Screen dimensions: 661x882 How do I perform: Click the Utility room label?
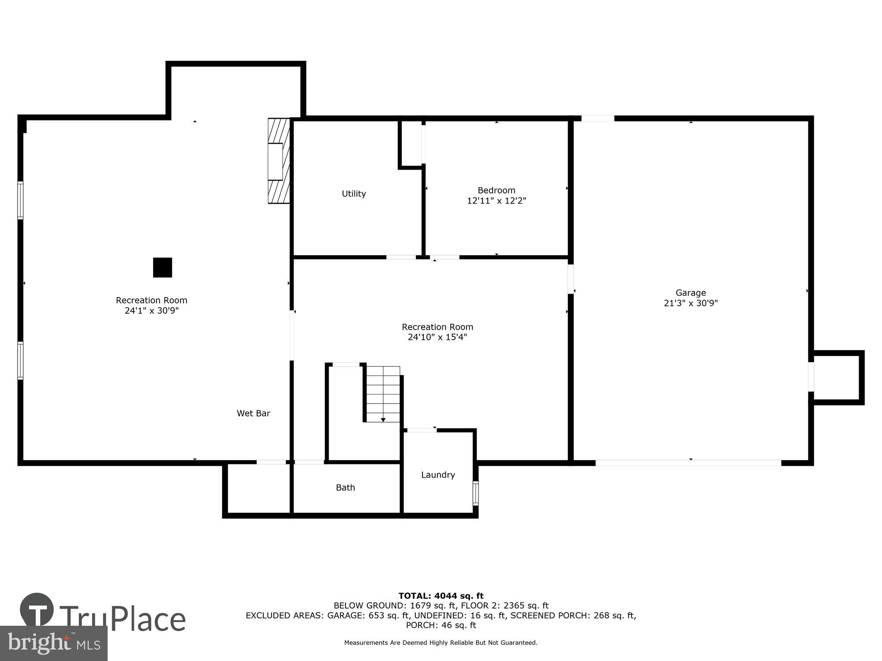pyautogui.click(x=354, y=194)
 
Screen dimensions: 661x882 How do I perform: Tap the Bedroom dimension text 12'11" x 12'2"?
pyautogui.click(x=497, y=201)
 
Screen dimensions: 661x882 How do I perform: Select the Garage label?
pyautogui.click(x=691, y=293)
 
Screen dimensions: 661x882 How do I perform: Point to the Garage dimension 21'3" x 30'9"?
pyautogui.click(x=691, y=303)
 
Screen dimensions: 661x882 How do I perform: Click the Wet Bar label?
pyautogui.click(x=253, y=413)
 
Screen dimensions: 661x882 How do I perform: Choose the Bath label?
pyautogui.click(x=345, y=487)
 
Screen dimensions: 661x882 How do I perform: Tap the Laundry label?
pyautogui.click(x=438, y=475)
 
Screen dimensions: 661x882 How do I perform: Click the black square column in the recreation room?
pyautogui.click(x=162, y=267)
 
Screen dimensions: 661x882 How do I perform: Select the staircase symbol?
pyautogui.click(x=383, y=394)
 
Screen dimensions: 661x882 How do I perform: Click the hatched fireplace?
pyautogui.click(x=279, y=161)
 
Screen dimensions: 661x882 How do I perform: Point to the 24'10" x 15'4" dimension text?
pyautogui.click(x=437, y=337)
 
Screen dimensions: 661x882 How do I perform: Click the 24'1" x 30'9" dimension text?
pyautogui.click(x=151, y=311)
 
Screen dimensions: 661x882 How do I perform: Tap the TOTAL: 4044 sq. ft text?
pyautogui.click(x=441, y=596)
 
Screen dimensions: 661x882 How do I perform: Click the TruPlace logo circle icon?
pyautogui.click(x=37, y=610)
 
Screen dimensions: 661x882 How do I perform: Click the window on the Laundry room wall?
pyautogui.click(x=475, y=493)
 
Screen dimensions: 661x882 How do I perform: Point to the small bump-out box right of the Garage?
pyautogui.click(x=837, y=377)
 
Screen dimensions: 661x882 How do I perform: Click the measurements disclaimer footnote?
pyautogui.click(x=441, y=643)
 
